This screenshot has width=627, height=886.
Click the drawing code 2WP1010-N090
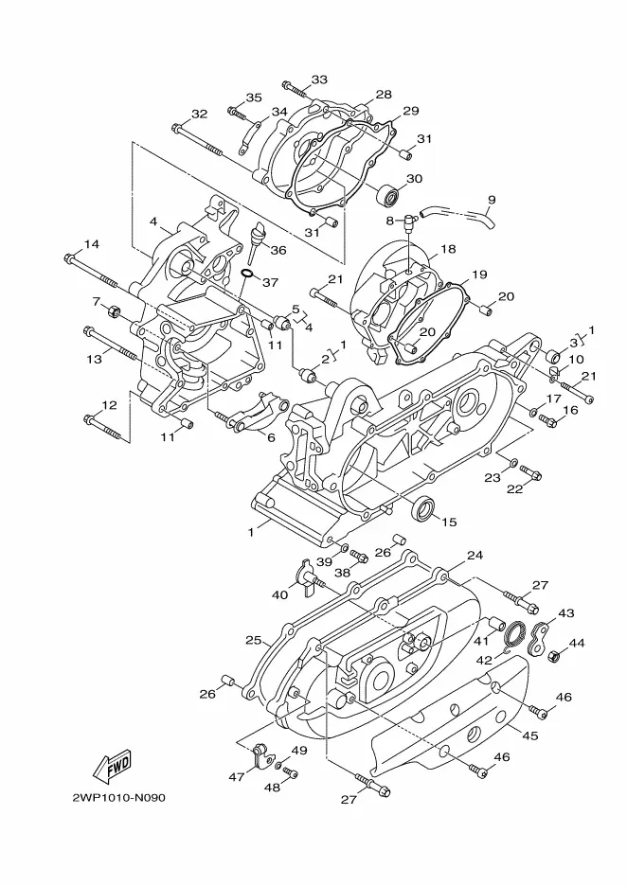(x=118, y=798)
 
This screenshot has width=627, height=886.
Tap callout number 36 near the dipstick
(x=278, y=249)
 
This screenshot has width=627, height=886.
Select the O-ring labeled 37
(x=247, y=275)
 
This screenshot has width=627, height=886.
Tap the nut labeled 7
(x=114, y=310)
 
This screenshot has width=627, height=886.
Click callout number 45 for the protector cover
(x=529, y=735)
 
